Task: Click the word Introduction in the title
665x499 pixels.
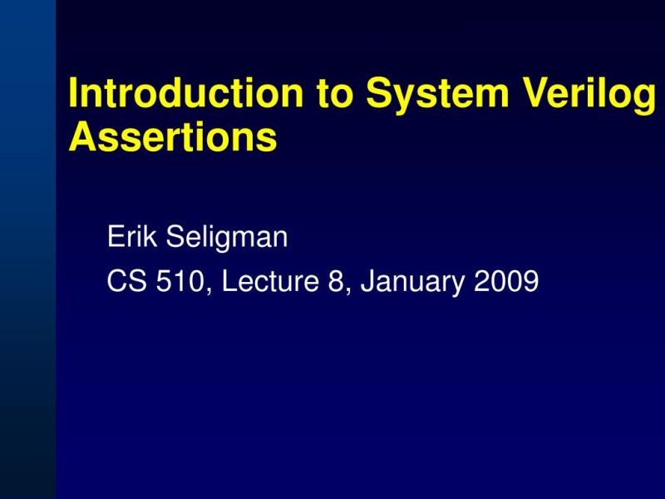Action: tap(185, 94)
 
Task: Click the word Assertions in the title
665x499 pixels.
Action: tap(172, 138)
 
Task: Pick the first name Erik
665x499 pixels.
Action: tap(133, 238)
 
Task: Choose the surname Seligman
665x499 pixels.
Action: tap(227, 240)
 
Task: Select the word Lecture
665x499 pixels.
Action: tap(270, 282)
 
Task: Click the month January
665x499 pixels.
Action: tap(413, 284)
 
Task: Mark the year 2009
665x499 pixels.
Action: tap(506, 282)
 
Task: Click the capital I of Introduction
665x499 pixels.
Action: tap(73, 94)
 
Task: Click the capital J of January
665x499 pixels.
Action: tap(367, 282)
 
